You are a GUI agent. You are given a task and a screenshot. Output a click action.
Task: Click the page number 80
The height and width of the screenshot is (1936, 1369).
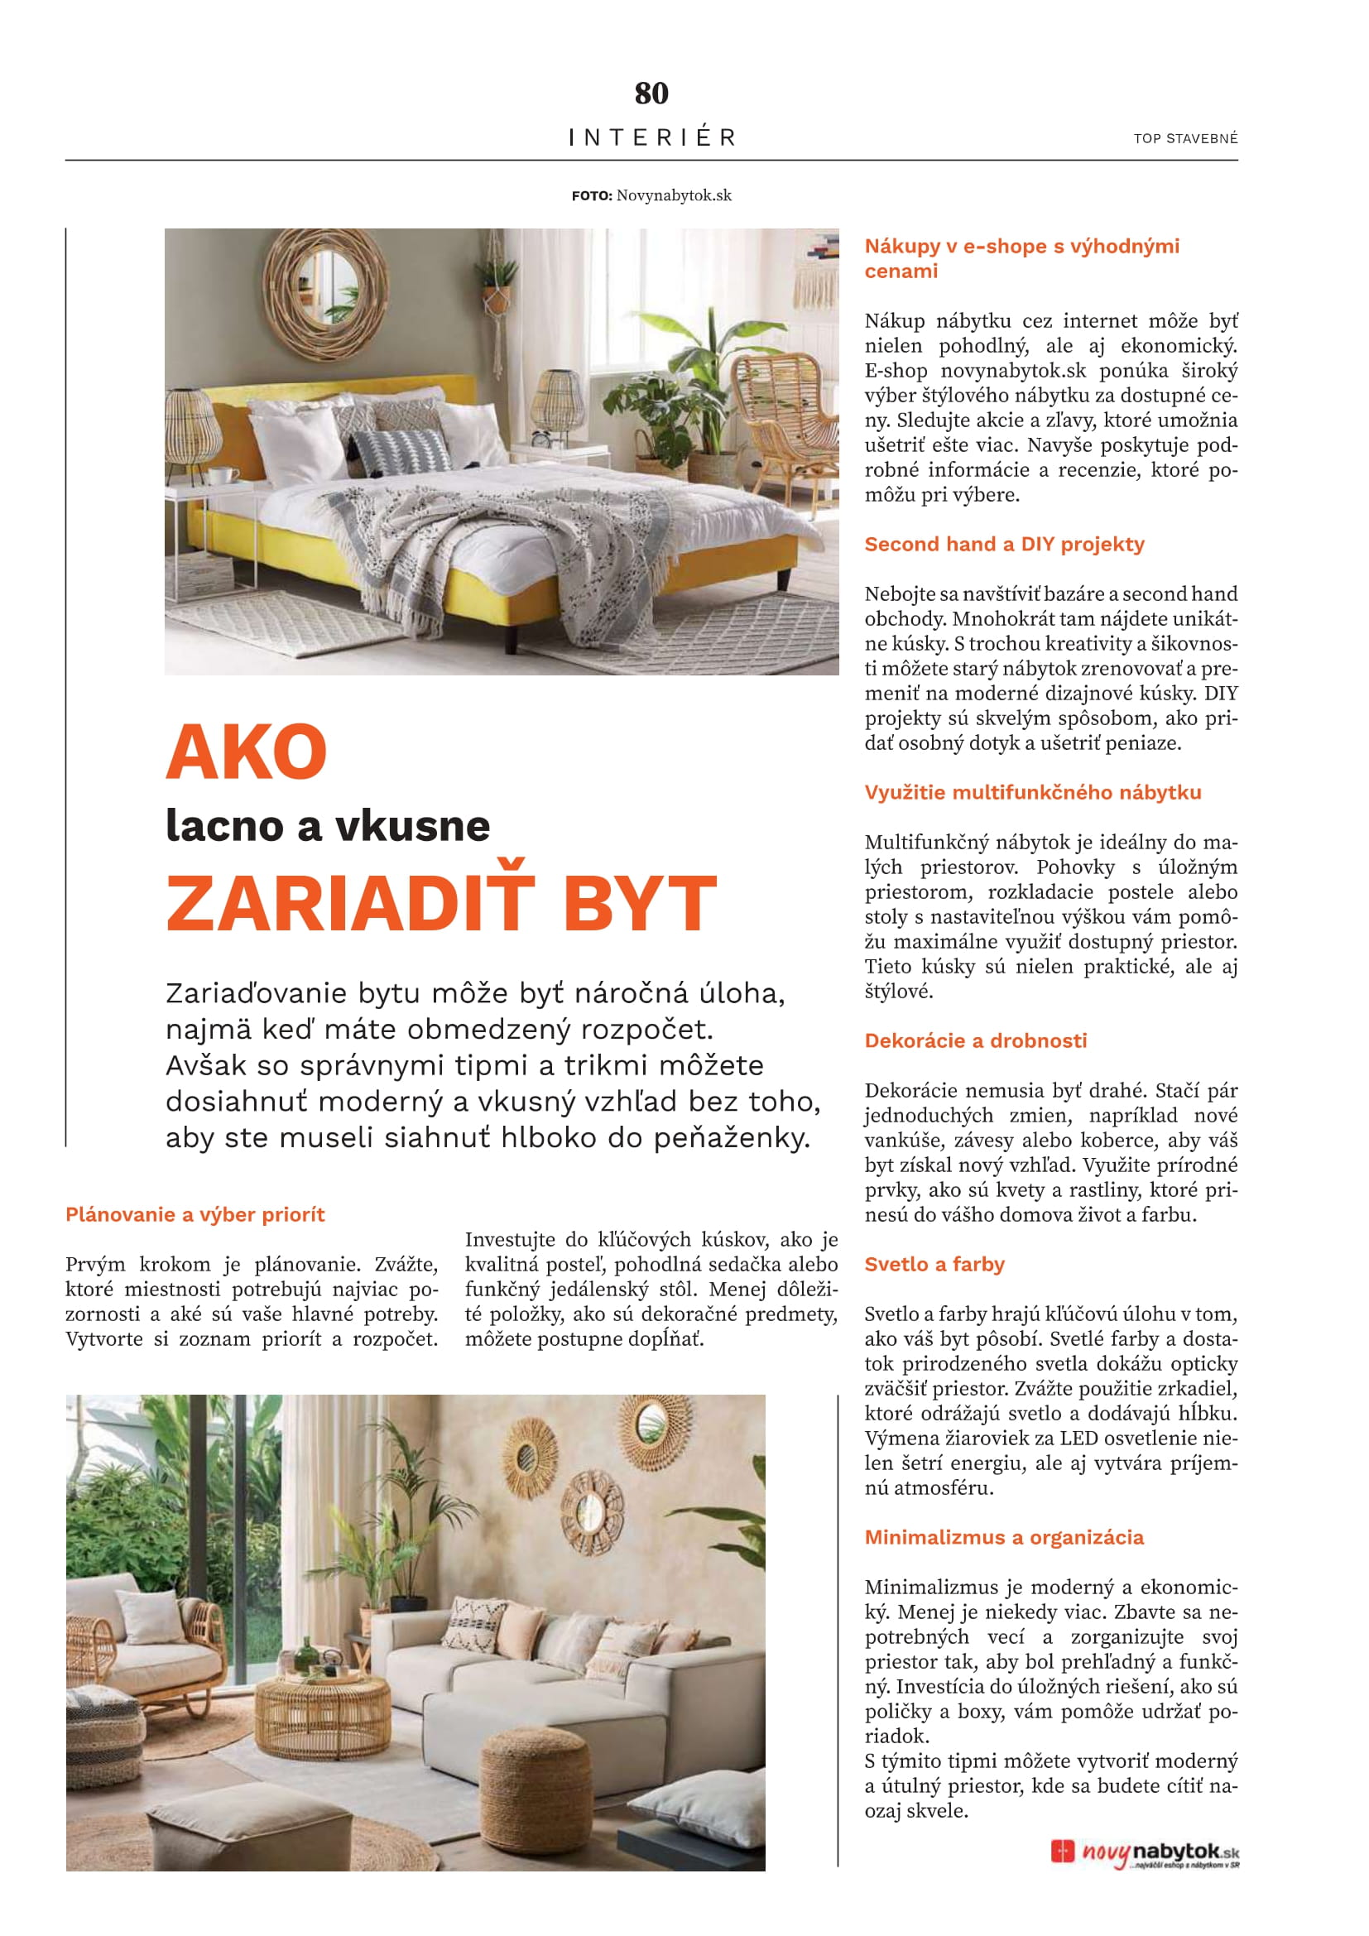651,93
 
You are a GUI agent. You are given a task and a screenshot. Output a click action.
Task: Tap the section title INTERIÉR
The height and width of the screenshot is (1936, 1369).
651,137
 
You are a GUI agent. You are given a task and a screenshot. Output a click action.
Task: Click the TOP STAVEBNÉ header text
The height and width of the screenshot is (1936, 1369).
1185,138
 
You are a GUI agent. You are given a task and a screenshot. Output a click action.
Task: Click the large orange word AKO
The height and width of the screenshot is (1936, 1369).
246,752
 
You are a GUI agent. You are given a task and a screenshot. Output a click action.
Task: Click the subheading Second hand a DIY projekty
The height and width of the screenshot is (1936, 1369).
1004,545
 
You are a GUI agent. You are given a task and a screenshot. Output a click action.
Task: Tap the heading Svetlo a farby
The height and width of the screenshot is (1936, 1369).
934,1264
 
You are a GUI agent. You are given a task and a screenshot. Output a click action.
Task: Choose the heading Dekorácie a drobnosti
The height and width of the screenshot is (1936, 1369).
975,1040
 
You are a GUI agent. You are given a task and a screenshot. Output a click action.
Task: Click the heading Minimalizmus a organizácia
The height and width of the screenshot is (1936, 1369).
1004,1537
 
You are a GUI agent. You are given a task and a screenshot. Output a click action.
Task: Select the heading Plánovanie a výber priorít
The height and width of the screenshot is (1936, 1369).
195,1214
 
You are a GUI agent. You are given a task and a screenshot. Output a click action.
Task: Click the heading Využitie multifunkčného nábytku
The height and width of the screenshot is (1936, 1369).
1033,793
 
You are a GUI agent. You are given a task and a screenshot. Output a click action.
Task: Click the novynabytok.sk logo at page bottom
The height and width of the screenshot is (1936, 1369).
1145,1853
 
